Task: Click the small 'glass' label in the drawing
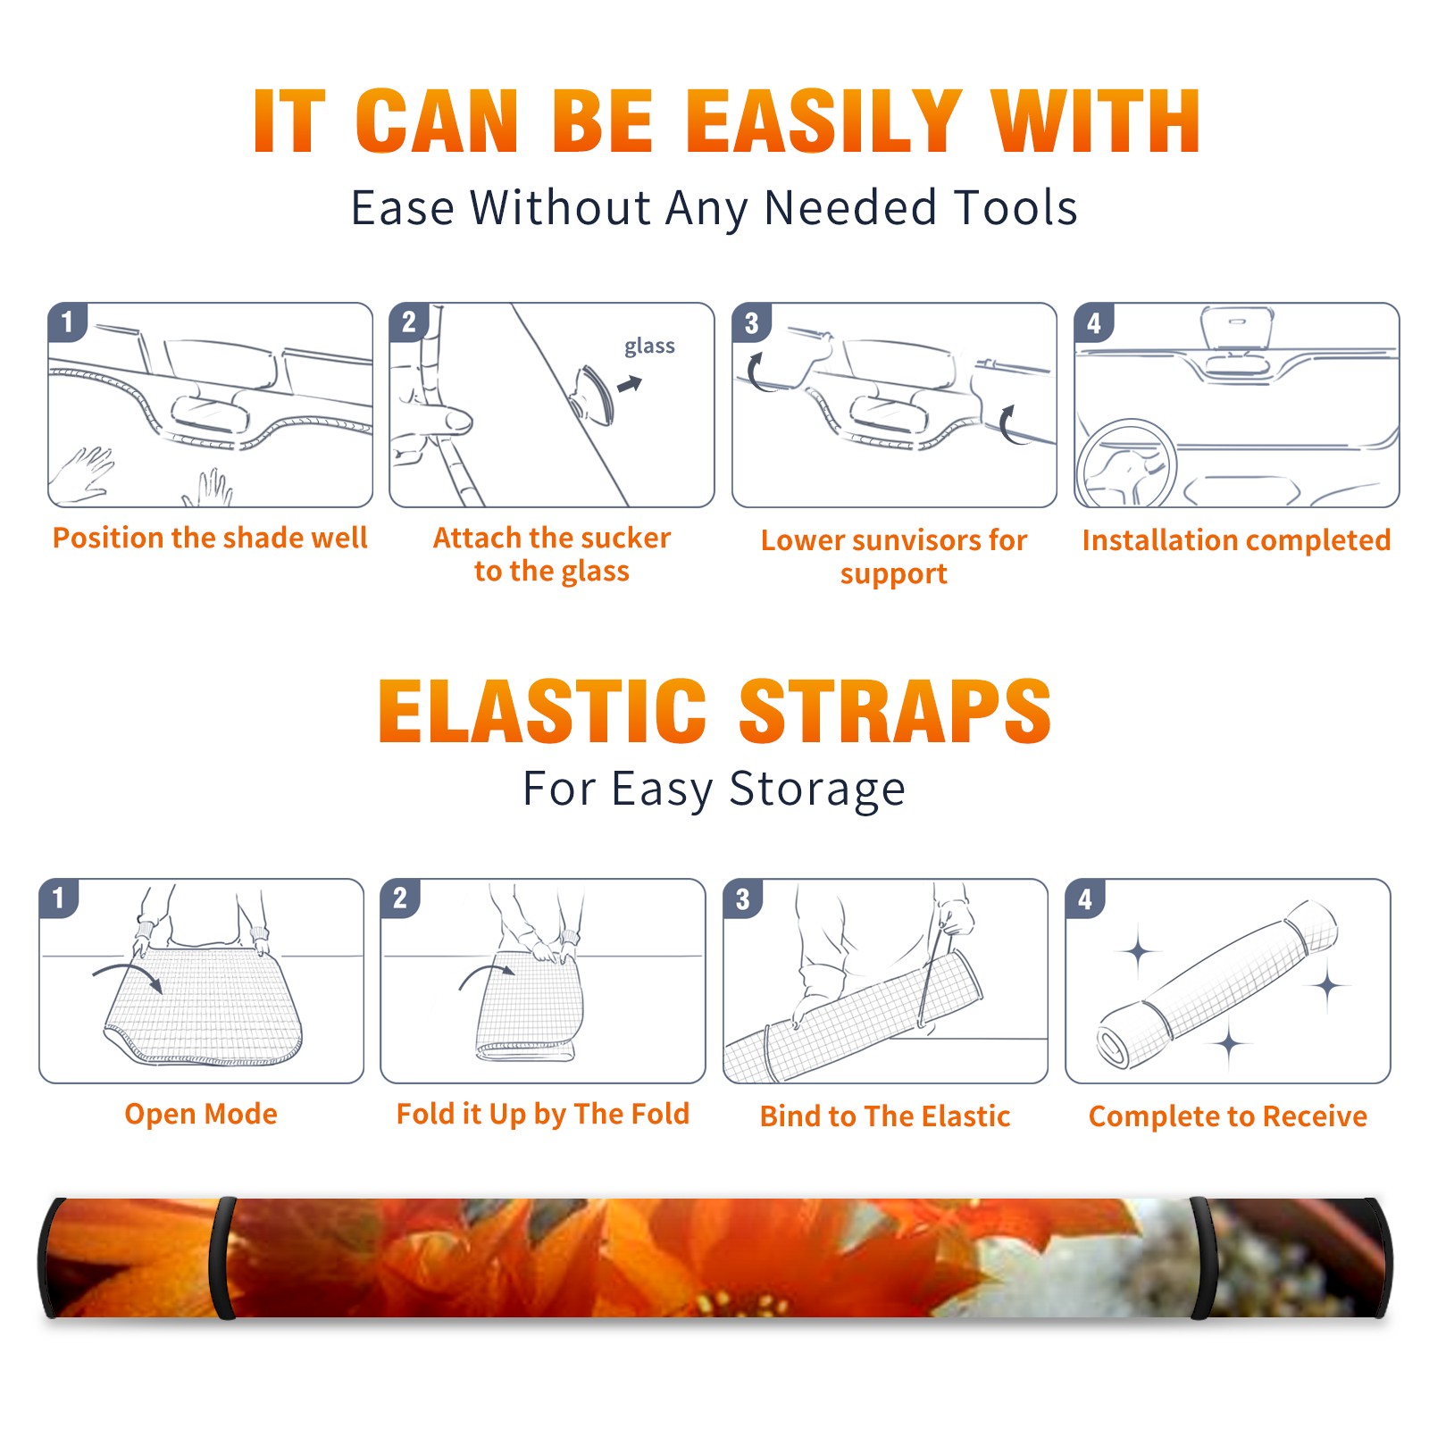point(649,347)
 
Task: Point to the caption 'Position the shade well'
point(210,538)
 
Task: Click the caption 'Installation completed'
point(1236,539)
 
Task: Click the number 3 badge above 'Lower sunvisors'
point(751,323)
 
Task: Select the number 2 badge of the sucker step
point(409,322)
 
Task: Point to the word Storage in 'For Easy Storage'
point(817,790)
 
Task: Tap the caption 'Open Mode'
point(201,1114)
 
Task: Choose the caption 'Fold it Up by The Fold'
point(543,1114)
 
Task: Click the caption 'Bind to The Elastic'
point(885,1116)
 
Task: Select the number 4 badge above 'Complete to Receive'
point(1085,898)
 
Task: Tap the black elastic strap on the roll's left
point(223,1258)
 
